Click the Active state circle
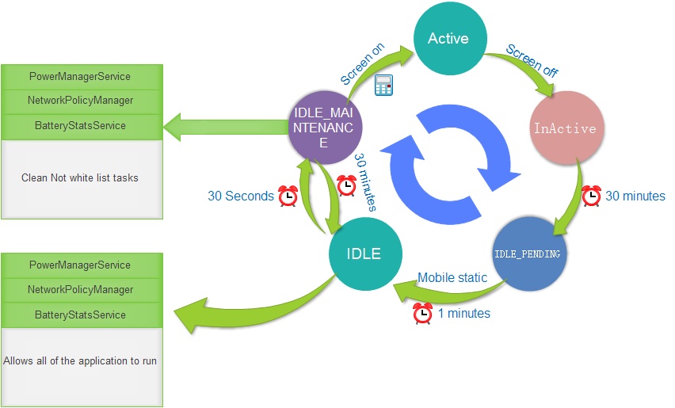448,38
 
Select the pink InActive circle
565,127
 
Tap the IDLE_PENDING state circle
528,254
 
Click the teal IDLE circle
364,254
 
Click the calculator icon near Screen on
384,86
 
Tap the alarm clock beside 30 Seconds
288,195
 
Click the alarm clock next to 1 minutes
423,314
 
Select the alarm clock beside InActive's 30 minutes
591,195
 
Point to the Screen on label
363,64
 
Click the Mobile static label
452,278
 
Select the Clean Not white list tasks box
80,178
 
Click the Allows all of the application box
80,361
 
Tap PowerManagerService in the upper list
80,77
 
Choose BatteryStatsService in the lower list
80,315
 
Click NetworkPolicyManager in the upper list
80,101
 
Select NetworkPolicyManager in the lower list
80,290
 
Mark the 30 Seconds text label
240,196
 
